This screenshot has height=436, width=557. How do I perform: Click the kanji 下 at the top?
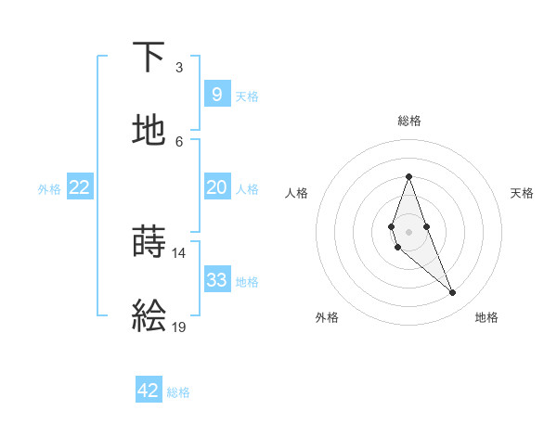pyautogui.click(x=149, y=58)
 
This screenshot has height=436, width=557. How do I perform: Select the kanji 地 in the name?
pyautogui.click(x=149, y=131)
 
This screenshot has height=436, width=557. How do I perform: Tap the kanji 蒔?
pyautogui.click(x=149, y=243)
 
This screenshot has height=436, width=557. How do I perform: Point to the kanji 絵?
pyautogui.click(x=149, y=316)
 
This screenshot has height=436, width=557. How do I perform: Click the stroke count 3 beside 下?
pyautogui.click(x=179, y=68)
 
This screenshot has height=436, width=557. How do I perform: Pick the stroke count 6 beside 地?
pyautogui.click(x=179, y=141)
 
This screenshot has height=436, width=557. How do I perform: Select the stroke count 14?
pyautogui.click(x=179, y=253)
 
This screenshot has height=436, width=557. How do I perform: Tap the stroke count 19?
pyautogui.click(x=179, y=327)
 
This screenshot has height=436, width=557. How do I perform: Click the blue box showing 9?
pyautogui.click(x=216, y=94)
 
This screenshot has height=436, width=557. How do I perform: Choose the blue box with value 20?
pyautogui.click(x=216, y=187)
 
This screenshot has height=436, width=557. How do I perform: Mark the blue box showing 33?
pyautogui.click(x=216, y=279)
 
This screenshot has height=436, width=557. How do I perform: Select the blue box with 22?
pyautogui.click(x=80, y=187)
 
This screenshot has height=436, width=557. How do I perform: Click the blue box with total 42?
pyautogui.click(x=149, y=391)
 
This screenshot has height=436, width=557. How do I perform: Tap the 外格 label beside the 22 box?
pyautogui.click(x=49, y=189)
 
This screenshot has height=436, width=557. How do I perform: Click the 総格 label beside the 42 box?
pyautogui.click(x=178, y=392)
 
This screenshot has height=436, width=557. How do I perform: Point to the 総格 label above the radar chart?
pyautogui.click(x=408, y=121)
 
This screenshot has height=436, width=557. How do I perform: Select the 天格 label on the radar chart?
pyautogui.click(x=522, y=193)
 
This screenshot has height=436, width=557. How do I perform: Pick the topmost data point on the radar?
pyautogui.click(x=408, y=176)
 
